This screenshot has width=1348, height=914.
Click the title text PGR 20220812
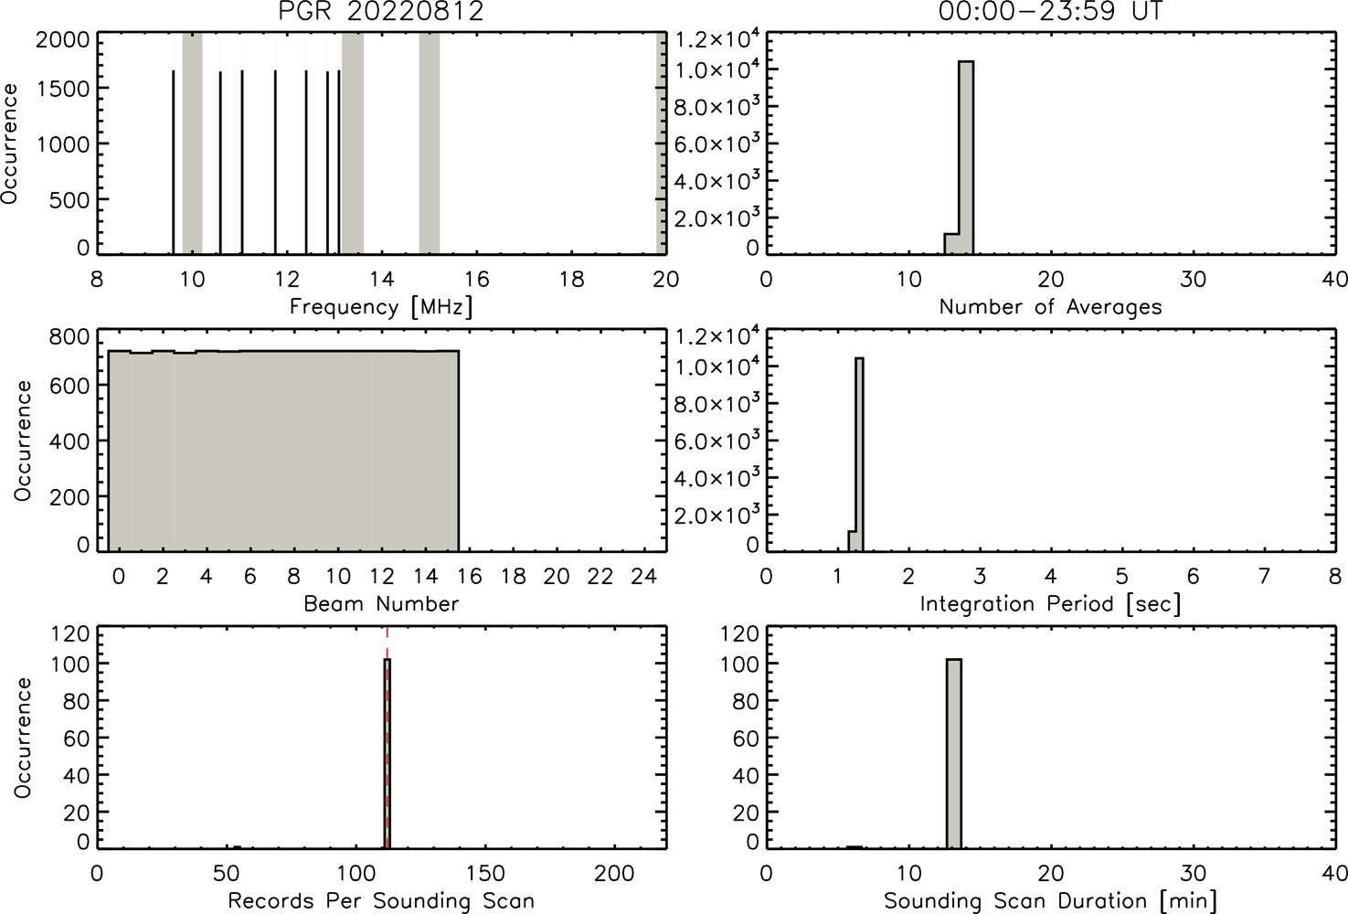pos(381,11)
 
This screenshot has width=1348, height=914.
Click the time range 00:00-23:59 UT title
pos(1050,11)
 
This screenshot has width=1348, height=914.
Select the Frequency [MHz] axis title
pos(381,307)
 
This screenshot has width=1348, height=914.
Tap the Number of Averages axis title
pos(1050,307)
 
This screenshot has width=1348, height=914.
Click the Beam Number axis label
pos(381,603)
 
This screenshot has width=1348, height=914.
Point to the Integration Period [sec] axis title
pos(1050,603)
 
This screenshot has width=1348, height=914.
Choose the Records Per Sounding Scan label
pos(381,901)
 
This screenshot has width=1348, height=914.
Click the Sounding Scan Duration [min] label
pos(1050,901)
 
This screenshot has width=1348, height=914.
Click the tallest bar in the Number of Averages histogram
pos(966,157)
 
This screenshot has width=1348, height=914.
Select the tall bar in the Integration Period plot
pos(859,454)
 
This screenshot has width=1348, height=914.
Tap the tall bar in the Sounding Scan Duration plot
pos(954,753)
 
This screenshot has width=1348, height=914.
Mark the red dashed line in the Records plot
pos(387,738)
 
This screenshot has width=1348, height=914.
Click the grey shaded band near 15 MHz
pos(429,143)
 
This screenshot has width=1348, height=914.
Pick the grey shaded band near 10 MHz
pos(192,143)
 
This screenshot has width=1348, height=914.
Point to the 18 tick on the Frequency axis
pos(571,279)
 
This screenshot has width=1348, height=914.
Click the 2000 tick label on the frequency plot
pos(62,40)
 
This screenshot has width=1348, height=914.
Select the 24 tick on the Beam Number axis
pos(644,577)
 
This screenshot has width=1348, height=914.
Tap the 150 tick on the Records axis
pos(485,873)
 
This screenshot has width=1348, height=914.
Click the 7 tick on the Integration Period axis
pos(1264,577)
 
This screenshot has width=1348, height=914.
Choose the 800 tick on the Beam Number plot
pos(69,337)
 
